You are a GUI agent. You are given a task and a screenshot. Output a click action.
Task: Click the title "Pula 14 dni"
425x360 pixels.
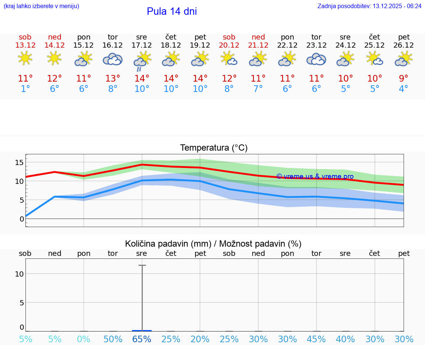click(172, 11)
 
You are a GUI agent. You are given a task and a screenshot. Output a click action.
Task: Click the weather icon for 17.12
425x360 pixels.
click(142, 61)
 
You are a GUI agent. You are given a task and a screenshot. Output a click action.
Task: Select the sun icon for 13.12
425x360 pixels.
click(25, 58)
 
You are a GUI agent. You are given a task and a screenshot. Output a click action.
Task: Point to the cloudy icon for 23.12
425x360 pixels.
click(316, 59)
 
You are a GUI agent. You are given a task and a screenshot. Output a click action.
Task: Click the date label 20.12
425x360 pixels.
click(229, 45)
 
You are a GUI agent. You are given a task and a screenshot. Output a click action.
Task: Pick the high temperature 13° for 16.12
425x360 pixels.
click(113, 79)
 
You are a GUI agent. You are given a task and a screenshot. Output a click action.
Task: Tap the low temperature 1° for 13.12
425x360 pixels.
click(25, 89)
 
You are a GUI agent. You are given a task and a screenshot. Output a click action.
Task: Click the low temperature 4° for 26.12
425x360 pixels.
click(404, 89)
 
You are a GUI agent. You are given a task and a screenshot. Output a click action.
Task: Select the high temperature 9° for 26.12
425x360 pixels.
click(404, 79)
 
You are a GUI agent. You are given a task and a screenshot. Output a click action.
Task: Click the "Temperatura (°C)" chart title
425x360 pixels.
click(214, 148)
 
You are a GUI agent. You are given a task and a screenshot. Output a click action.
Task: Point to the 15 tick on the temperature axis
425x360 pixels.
click(19, 162)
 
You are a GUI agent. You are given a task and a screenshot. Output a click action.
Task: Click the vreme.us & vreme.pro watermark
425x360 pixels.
click(315, 176)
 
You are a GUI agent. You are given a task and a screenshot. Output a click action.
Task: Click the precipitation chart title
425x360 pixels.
click(213, 244)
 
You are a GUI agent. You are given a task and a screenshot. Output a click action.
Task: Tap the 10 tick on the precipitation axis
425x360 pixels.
click(19, 274)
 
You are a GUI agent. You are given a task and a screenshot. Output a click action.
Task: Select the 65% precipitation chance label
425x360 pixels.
click(142, 339)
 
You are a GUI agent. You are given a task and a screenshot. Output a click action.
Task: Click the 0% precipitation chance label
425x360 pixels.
click(84, 339)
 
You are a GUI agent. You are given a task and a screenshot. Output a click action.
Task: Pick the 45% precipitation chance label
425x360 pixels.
click(316, 339)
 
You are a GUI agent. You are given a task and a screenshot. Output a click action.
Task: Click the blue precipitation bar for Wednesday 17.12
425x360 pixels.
click(142, 330)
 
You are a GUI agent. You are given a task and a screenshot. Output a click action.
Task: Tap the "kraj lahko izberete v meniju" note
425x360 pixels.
click(41, 6)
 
